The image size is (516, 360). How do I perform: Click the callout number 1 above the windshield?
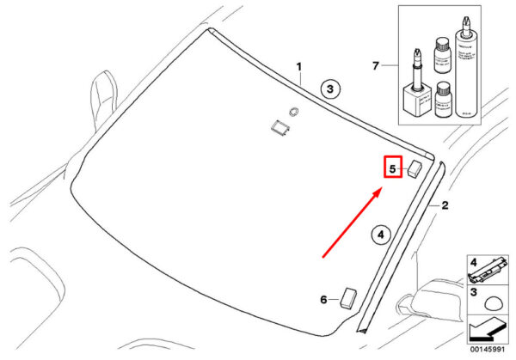coord(300,66)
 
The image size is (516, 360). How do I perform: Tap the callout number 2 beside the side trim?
coord(445,205)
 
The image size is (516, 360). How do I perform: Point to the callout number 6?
coord(324,300)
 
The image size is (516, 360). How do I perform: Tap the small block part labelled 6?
coord(348,297)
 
